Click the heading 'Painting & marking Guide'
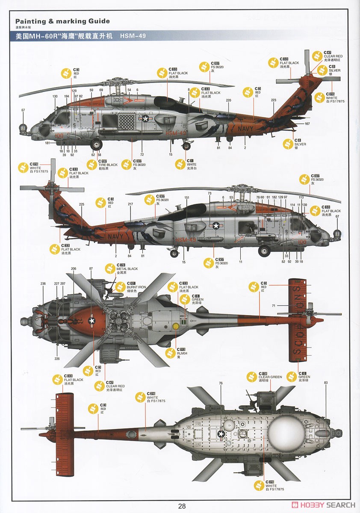point(62,21)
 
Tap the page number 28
point(182,506)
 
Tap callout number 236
point(43,283)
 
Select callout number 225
point(82,204)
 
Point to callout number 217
point(130,204)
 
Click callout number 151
point(187,198)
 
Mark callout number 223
point(274,100)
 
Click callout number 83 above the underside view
point(326,383)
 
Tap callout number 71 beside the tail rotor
point(274,306)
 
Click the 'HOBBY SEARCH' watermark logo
point(323,504)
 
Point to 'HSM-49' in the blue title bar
point(133,36)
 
